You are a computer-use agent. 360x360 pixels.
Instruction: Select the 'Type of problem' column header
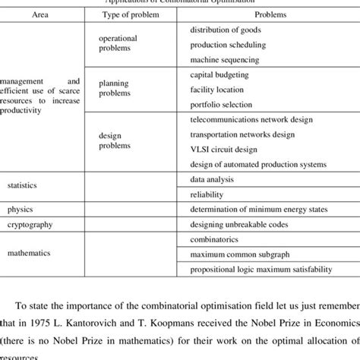coord(124,14)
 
